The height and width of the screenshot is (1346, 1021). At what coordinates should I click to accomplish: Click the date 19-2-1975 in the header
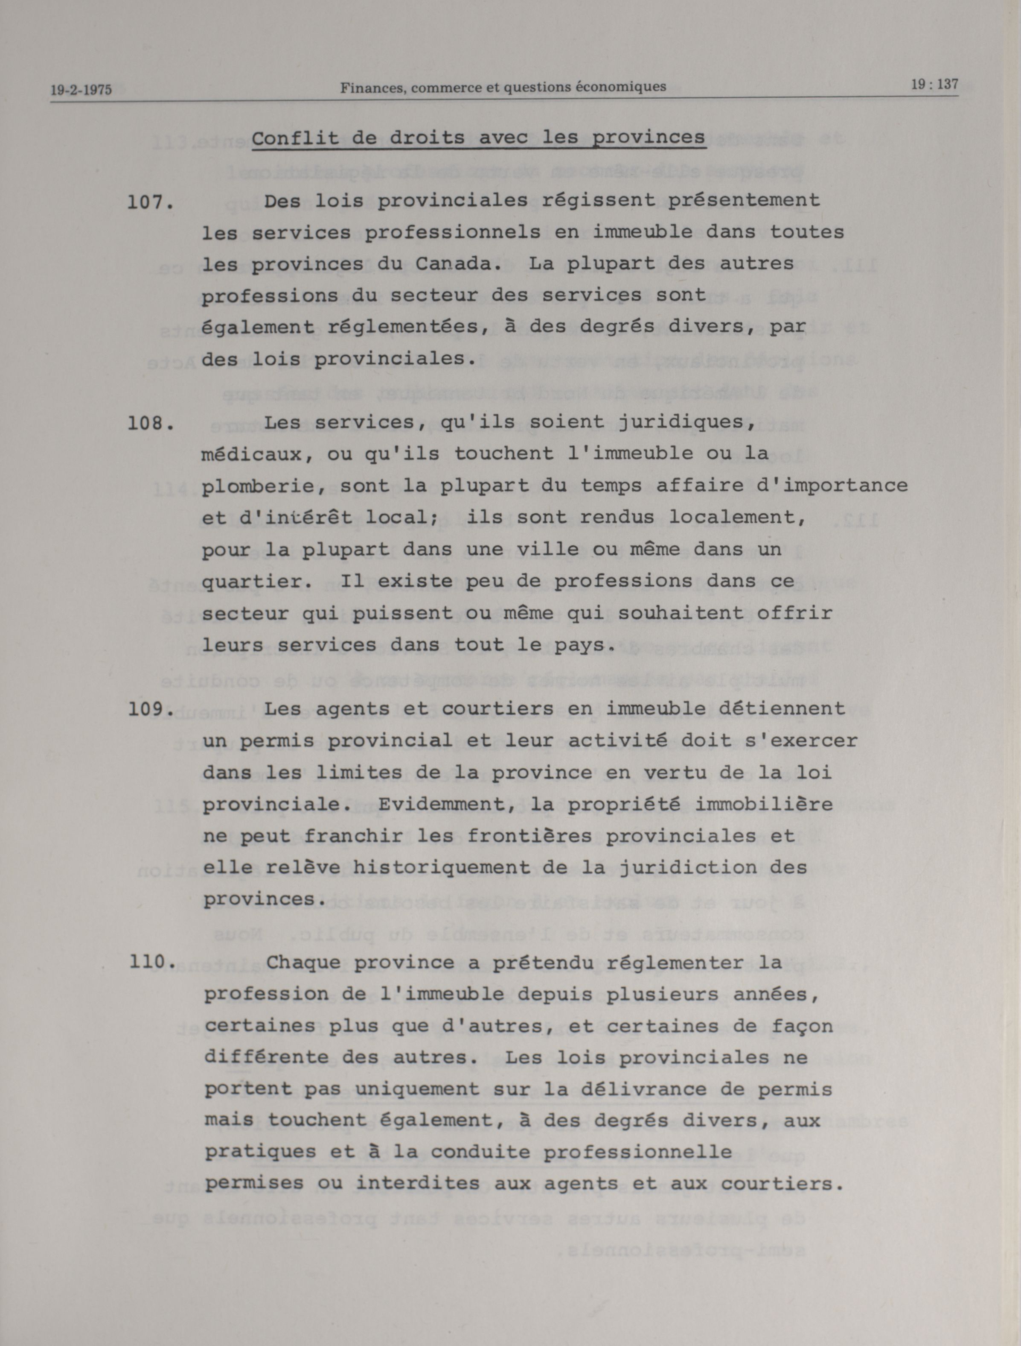(x=81, y=90)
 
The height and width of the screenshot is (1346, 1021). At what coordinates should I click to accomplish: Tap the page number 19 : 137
(x=934, y=85)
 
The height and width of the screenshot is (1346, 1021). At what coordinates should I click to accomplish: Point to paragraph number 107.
(x=150, y=202)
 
